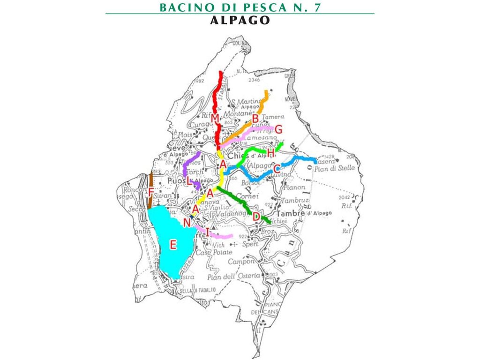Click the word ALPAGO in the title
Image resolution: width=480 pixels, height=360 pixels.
click(x=240, y=20)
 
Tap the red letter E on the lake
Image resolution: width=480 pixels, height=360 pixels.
click(x=173, y=244)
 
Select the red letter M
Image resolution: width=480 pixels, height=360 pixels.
click(x=215, y=117)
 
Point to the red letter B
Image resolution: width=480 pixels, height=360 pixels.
click(x=255, y=119)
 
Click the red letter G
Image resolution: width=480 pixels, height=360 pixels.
click(x=278, y=129)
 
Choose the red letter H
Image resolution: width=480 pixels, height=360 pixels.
click(x=270, y=152)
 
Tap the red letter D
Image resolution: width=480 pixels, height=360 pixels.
click(x=256, y=217)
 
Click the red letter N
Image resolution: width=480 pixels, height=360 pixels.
click(x=187, y=223)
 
